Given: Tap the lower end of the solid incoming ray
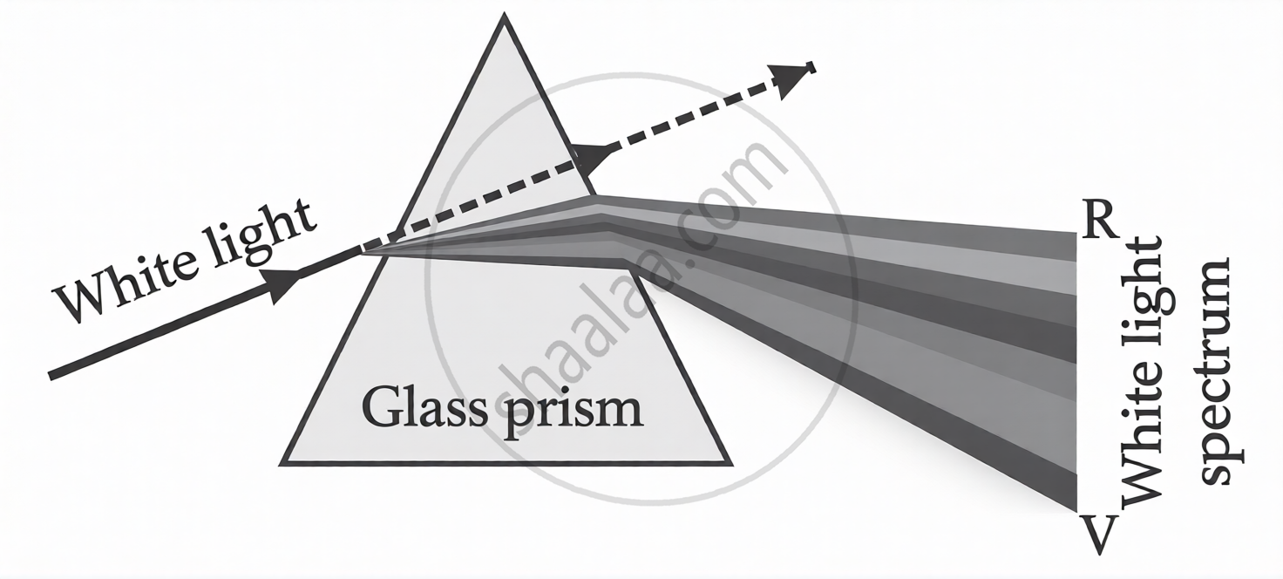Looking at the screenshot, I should [52, 374].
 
